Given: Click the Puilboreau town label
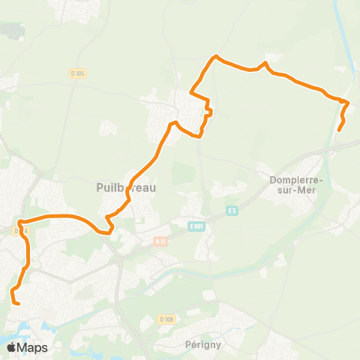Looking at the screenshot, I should click(x=126, y=187).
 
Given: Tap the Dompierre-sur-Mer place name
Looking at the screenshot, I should click(x=295, y=184).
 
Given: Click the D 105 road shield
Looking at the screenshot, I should click(x=77, y=73).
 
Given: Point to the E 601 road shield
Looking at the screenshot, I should click(x=196, y=226).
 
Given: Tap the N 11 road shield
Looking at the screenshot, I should click(x=160, y=241).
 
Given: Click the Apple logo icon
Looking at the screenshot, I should click(x=12, y=347).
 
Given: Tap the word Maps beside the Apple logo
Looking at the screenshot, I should click(x=33, y=347).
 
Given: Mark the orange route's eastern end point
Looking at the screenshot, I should click(x=339, y=130).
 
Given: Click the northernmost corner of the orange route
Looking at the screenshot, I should click(x=217, y=56).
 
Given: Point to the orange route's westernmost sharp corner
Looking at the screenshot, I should click(x=19, y=222).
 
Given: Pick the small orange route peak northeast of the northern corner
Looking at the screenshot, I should click(x=265, y=63).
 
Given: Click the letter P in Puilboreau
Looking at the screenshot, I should click(x=100, y=187).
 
